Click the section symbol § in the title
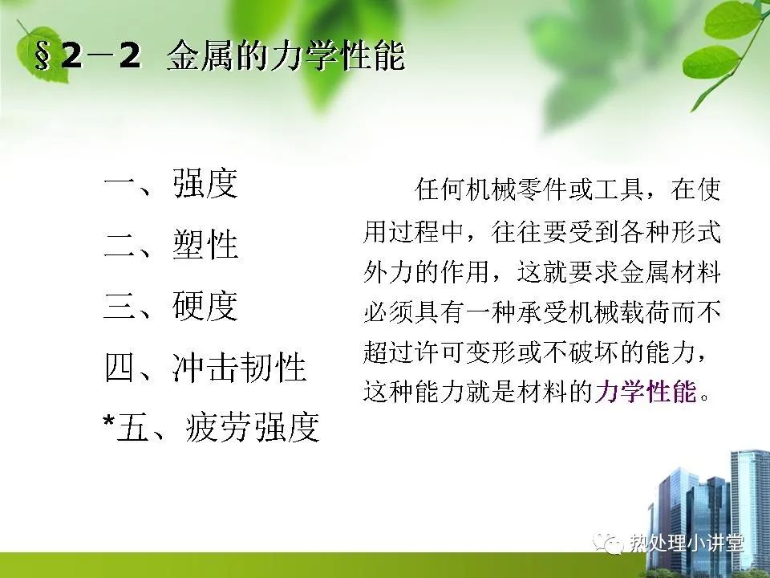coord(43,56)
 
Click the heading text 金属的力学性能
coord(286,56)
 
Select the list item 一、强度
coord(171,183)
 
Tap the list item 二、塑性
coord(171,244)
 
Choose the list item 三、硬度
coord(171,306)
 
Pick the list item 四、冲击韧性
coord(205,367)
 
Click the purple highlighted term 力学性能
coord(646,392)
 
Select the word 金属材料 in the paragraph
coord(670,272)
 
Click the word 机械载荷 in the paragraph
coord(618,311)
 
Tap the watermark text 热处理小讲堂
coord(687,543)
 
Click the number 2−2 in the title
coord(102,56)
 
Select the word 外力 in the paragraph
coord(388,272)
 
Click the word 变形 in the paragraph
coord(491,352)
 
